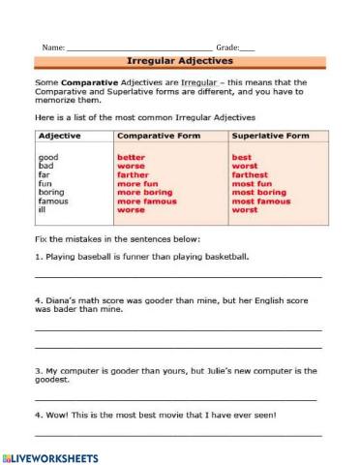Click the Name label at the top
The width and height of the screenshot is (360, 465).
click(52, 46)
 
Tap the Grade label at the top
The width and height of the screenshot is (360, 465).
click(226, 46)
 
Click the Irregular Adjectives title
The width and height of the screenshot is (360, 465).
click(179, 60)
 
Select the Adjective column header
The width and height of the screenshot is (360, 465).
click(59, 138)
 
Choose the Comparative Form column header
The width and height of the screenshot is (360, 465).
click(156, 138)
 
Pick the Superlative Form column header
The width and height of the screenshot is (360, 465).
click(271, 138)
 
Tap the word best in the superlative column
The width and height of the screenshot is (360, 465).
click(242, 157)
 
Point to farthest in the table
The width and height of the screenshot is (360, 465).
click(249, 174)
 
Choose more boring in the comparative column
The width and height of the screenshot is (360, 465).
click(144, 192)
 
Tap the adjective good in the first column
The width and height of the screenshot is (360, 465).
click(46, 157)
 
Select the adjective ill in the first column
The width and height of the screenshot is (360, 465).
click(41, 209)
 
